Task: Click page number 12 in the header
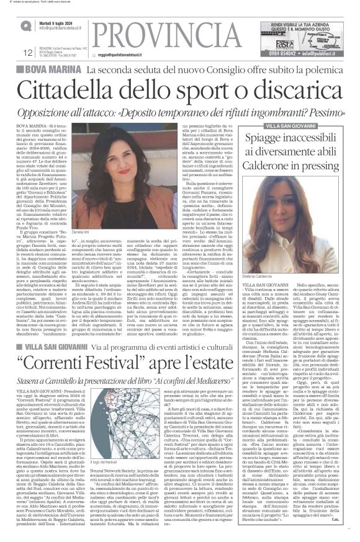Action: pyautogui.click(x=27, y=53)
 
